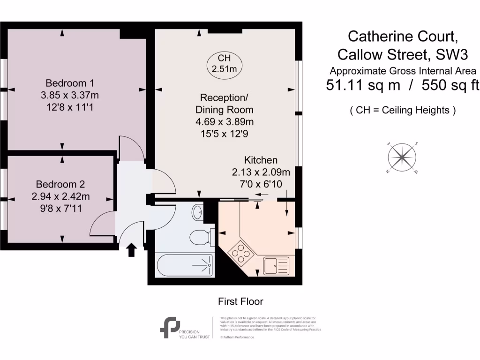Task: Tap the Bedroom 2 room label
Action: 60,184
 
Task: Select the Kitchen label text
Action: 261,160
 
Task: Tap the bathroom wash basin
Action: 197,212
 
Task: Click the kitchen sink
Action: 277,266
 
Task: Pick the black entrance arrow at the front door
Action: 131,250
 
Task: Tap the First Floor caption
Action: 241,301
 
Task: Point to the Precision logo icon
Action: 169,327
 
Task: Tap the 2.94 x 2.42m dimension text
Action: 60,196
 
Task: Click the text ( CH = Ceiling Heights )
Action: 403,111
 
